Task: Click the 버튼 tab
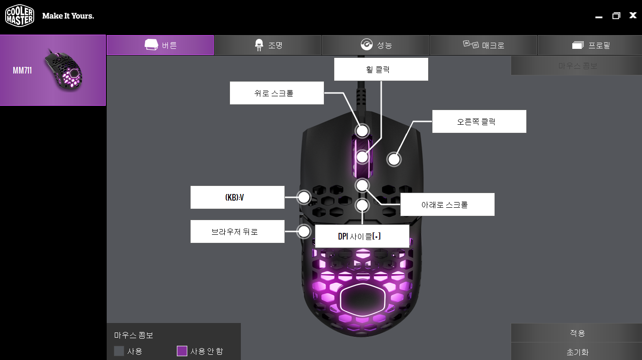160,46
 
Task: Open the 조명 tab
268,46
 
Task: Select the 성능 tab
376,46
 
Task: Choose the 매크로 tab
483,46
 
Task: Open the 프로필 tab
591,46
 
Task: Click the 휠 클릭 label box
381,69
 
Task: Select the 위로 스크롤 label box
277,93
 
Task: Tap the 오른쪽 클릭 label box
479,121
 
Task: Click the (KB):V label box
237,197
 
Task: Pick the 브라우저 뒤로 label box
237,231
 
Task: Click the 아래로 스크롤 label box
447,204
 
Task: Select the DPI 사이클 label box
362,236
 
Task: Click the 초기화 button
577,352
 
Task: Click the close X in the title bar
633,16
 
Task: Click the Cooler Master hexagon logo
19,16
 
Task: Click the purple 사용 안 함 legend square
182,351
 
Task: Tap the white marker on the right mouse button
394,159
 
